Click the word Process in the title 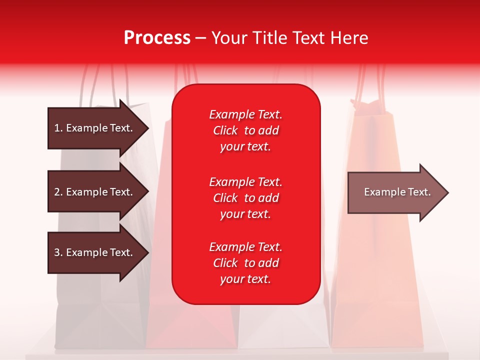[x=157, y=38]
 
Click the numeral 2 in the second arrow [x=56, y=192]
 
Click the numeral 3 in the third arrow [x=56, y=252]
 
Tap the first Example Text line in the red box [x=245, y=114]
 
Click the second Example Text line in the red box [x=245, y=182]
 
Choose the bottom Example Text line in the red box [x=245, y=247]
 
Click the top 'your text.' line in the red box [x=245, y=147]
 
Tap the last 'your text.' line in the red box [x=245, y=279]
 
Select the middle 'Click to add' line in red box [x=245, y=198]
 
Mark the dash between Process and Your [x=201, y=38]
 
